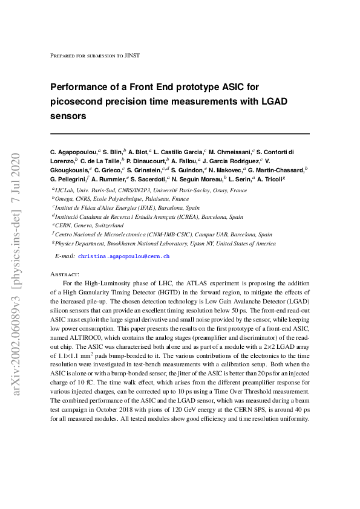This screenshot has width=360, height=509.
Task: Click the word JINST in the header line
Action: click(x=133, y=56)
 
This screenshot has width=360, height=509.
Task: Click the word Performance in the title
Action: click(x=80, y=87)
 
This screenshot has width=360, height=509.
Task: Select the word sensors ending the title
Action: click(x=68, y=115)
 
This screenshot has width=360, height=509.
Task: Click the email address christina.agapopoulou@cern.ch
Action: click(x=123, y=256)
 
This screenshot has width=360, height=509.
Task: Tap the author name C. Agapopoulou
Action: click(x=74, y=151)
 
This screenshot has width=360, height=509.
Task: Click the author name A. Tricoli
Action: click(x=270, y=180)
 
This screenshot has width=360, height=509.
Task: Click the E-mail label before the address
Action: click(x=65, y=256)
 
